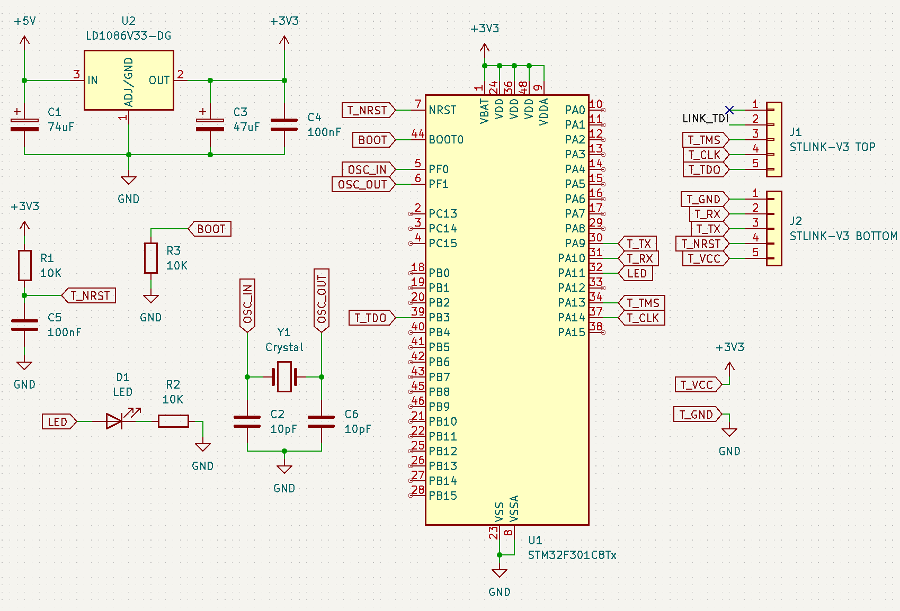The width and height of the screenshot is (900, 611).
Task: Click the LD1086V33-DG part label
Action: (x=128, y=36)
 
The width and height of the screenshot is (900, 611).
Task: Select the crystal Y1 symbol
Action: (x=284, y=376)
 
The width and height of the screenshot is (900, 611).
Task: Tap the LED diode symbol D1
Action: (x=115, y=421)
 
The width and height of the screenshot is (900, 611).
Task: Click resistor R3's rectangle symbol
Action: (x=151, y=258)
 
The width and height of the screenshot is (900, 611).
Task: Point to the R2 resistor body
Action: (x=173, y=421)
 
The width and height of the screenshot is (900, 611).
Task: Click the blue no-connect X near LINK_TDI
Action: (x=729, y=110)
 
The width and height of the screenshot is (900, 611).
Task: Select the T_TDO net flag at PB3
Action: (x=371, y=318)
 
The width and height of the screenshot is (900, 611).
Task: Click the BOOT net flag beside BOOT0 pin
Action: (x=373, y=140)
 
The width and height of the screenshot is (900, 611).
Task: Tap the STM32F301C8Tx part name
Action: (x=572, y=555)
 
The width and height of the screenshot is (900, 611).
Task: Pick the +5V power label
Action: (x=25, y=21)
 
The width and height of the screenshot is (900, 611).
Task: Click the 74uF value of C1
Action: (x=61, y=127)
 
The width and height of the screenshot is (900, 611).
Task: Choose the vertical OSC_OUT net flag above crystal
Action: (x=322, y=299)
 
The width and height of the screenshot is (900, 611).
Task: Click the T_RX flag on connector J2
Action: (x=708, y=214)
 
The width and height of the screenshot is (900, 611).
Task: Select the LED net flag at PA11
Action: (x=636, y=273)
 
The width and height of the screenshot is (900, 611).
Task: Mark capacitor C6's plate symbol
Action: (x=321, y=421)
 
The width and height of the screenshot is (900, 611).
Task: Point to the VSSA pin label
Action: (x=514, y=508)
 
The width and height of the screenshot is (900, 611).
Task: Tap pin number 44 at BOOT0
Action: (x=417, y=134)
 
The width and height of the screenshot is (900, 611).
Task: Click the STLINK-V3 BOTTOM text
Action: (x=843, y=236)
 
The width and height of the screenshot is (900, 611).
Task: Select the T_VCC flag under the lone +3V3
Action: (x=697, y=385)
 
